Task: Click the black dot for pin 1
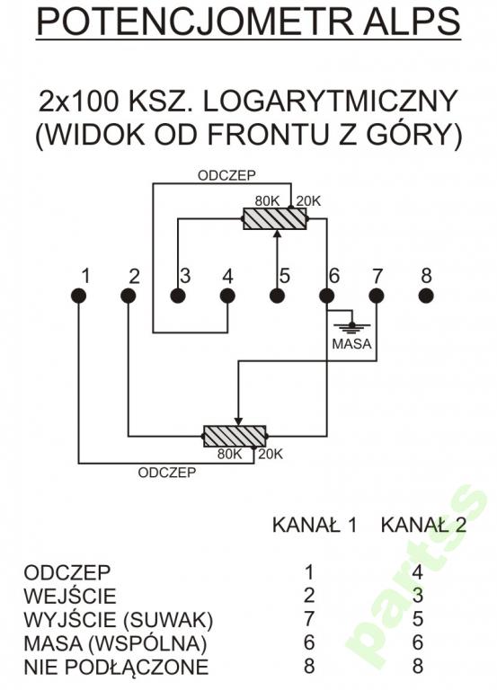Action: (x=79, y=296)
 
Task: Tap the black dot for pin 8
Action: (x=426, y=296)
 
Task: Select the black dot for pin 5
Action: (x=277, y=296)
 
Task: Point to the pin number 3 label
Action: (x=184, y=276)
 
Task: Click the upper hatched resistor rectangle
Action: (x=275, y=218)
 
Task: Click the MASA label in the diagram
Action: (x=351, y=343)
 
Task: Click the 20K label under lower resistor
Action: (x=271, y=454)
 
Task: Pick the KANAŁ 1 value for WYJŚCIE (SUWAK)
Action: (x=310, y=620)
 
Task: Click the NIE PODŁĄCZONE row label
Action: (x=116, y=667)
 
